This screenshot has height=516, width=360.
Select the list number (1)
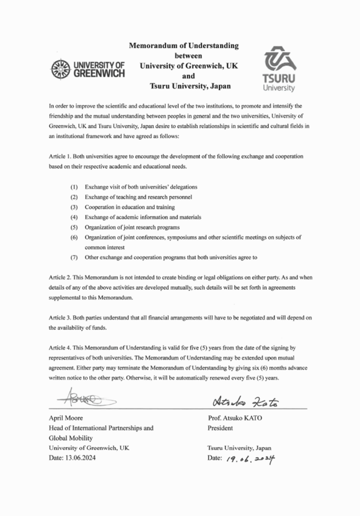74,187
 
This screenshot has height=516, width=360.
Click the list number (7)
74,257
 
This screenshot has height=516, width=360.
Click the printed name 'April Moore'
65,418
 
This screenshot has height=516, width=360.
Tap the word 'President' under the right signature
222,427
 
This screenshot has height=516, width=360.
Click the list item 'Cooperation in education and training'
130,207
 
